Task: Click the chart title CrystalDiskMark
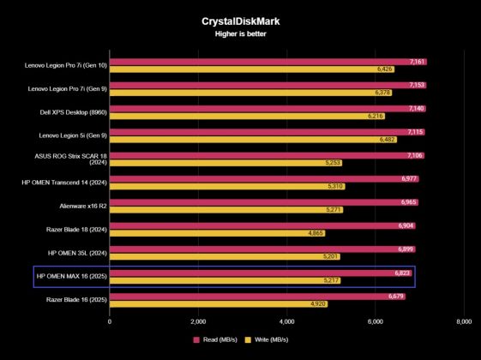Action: [x=240, y=20]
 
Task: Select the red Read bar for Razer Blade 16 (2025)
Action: [x=257, y=296]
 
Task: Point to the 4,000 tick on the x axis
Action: [x=286, y=322]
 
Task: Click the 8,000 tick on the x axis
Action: [x=463, y=322]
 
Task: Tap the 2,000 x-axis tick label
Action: [x=198, y=322]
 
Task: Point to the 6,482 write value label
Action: [x=387, y=140]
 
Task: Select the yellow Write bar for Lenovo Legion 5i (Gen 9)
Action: [x=249, y=140]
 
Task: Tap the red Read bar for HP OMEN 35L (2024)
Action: [x=257, y=249]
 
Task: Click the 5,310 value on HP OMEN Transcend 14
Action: [x=335, y=186]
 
